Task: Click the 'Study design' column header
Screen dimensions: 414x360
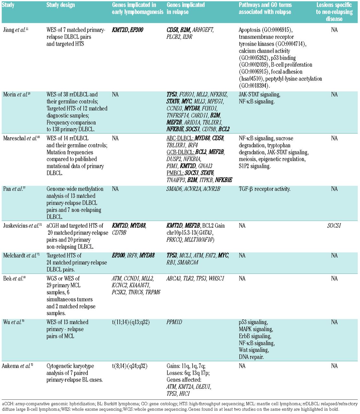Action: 61,5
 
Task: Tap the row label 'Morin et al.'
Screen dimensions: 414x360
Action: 15,94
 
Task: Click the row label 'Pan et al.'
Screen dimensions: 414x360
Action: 13,189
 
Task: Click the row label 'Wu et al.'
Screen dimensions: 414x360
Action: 12,322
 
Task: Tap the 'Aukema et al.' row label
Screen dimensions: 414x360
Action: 16,366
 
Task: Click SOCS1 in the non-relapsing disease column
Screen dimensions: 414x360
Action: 334,226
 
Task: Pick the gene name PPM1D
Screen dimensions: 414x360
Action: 175,322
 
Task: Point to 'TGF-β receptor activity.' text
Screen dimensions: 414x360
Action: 264,189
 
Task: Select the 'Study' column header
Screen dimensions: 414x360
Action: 8,5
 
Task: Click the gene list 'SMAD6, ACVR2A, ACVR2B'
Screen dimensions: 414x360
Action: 193,189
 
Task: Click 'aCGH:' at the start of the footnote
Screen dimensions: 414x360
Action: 8,404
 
